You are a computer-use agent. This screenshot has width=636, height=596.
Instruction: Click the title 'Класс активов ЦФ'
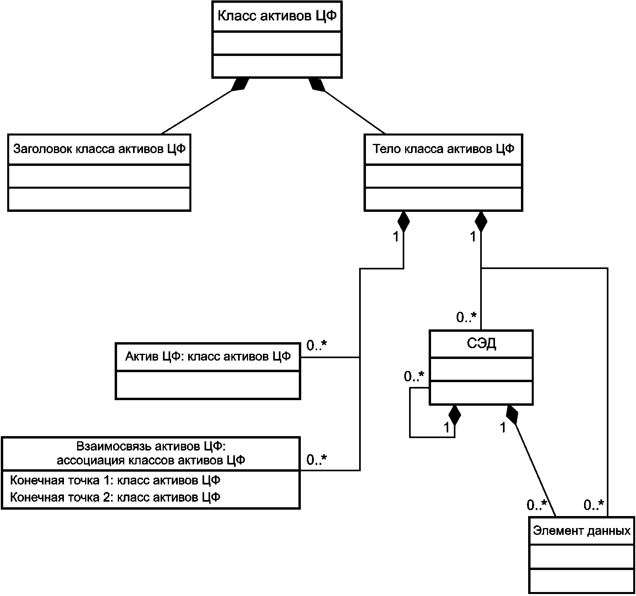click(x=277, y=17)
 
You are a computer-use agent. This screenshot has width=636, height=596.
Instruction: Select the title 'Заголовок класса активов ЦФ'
click(x=99, y=149)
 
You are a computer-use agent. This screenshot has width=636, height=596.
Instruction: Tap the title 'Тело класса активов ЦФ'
click(x=443, y=149)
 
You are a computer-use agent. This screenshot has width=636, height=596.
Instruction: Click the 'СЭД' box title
click(x=481, y=344)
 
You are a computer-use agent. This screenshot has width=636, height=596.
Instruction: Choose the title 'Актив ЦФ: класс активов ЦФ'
click(x=208, y=356)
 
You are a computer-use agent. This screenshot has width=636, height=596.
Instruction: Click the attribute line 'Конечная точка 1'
click(x=115, y=480)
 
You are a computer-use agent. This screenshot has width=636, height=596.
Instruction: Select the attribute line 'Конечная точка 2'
click(x=115, y=497)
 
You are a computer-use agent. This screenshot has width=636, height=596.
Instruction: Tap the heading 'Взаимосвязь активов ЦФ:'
click(x=151, y=446)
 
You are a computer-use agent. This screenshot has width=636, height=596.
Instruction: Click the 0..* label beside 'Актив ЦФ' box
click(x=317, y=345)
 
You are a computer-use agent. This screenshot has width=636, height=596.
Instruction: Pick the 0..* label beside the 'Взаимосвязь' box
click(x=317, y=460)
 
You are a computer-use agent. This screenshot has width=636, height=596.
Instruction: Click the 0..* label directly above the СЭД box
click(x=467, y=318)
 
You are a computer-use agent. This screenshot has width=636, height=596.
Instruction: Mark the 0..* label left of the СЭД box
click(x=414, y=376)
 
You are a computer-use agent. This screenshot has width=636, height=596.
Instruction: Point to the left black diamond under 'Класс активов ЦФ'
click(x=240, y=84)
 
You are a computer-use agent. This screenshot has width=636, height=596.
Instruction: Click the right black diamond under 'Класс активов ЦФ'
click(x=316, y=84)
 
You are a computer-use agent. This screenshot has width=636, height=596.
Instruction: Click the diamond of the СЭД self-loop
click(x=454, y=415)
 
